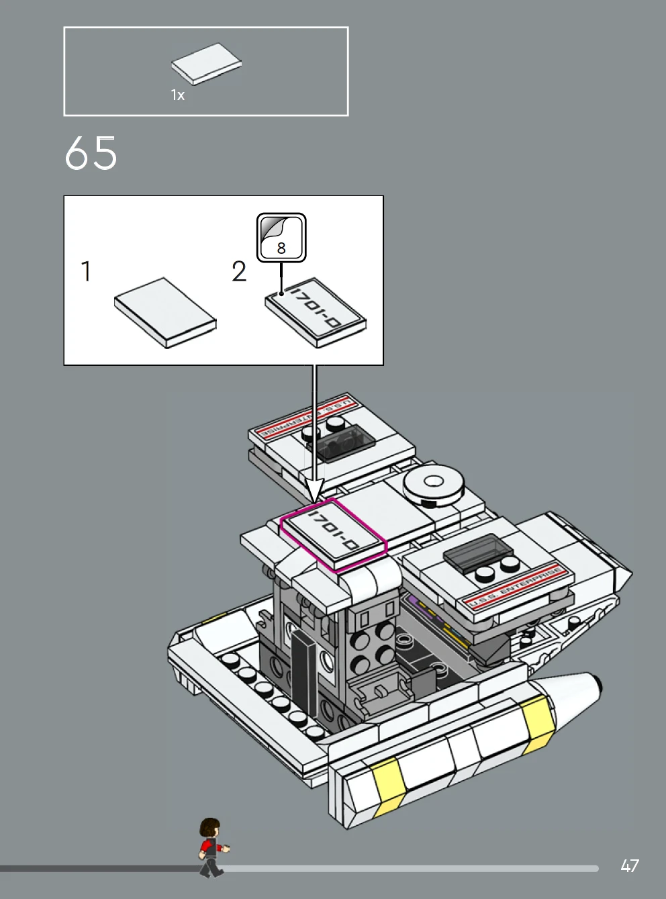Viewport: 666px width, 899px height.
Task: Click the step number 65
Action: click(91, 153)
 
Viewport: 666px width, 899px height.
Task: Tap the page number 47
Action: click(629, 865)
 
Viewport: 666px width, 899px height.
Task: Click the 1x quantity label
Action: click(177, 95)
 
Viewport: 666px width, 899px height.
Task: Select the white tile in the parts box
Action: click(206, 64)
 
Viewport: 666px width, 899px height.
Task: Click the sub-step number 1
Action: click(86, 272)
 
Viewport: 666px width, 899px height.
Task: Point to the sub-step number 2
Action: click(239, 272)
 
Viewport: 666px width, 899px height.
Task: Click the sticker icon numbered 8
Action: click(281, 238)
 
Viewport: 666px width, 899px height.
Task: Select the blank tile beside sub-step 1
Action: click(165, 312)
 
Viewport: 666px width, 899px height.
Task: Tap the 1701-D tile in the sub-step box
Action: click(316, 312)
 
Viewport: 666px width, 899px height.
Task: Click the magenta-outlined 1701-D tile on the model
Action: click(333, 533)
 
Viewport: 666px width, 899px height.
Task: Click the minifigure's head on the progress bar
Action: click(210, 829)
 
